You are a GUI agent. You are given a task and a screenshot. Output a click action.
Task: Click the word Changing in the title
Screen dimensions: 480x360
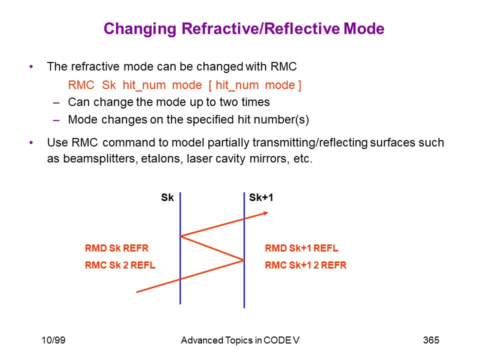(140, 29)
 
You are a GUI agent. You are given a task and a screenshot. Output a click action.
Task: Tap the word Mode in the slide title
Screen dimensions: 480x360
(364, 28)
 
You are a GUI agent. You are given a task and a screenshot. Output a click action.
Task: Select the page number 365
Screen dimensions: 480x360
(431, 340)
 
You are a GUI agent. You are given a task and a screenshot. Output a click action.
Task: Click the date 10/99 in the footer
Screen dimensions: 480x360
(53, 340)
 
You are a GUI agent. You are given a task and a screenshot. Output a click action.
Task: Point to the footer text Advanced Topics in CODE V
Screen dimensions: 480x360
(240, 340)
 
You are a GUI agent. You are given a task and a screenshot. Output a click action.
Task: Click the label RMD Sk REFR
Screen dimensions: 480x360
(116, 248)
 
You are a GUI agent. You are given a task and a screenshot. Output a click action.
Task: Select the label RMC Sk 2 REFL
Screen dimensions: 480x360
(120, 265)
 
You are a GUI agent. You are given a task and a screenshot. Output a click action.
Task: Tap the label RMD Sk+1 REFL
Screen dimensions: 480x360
(301, 248)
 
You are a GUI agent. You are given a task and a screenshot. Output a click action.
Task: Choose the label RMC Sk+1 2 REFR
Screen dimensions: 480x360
(305, 265)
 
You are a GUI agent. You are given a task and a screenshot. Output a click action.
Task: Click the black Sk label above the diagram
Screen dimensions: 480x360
(167, 197)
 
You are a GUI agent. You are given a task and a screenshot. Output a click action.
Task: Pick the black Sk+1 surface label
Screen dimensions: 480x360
(261, 197)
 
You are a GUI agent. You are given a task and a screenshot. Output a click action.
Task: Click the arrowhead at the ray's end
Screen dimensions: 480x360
(265, 213)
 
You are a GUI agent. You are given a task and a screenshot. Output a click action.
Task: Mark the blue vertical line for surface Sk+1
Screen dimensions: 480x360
(244, 250)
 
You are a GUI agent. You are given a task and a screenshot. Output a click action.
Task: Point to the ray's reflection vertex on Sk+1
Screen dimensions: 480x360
(244, 260)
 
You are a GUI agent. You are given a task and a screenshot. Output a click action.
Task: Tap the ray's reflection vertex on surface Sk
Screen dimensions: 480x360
(180, 236)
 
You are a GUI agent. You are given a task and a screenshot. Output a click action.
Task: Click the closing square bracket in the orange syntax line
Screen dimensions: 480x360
(299, 85)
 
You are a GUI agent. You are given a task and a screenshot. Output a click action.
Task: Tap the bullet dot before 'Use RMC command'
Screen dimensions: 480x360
(31, 142)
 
